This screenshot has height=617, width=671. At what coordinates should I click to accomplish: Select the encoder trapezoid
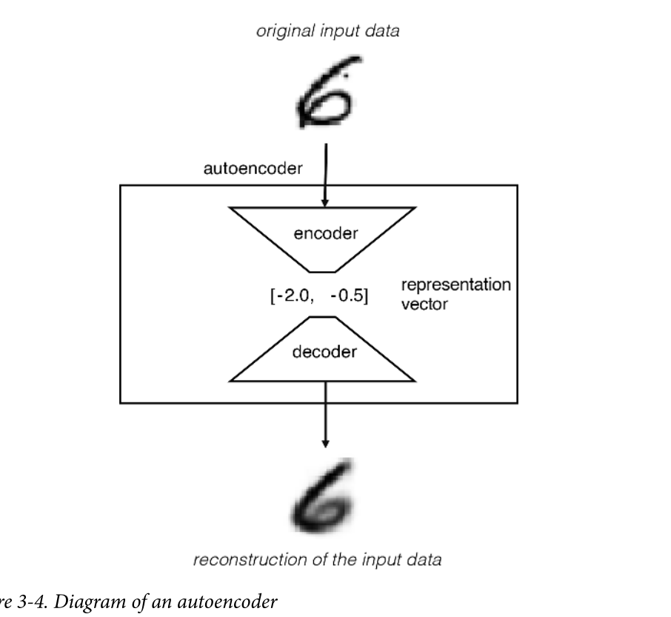[325, 235]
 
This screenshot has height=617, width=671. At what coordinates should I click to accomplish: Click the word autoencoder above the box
[253, 169]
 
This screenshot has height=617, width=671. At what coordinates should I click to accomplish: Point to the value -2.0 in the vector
[292, 294]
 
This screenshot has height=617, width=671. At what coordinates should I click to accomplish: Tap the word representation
[455, 285]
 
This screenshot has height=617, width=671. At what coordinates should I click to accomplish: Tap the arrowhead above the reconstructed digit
[324, 442]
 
